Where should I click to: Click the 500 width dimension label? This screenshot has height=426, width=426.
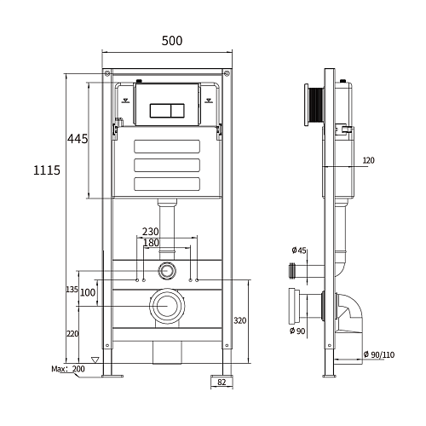[172, 41]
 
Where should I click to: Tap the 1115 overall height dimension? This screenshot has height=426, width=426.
[47, 170]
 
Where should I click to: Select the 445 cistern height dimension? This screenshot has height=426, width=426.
[78, 139]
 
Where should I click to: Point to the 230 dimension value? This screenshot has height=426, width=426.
[150, 232]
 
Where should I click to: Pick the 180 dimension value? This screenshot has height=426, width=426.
[151, 243]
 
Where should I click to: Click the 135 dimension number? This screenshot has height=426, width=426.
[72, 290]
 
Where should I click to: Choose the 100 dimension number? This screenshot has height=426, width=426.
[88, 292]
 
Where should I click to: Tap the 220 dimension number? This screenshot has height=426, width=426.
[72, 334]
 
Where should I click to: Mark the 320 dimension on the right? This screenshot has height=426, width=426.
[240, 320]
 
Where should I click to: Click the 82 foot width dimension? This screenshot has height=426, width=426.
[222, 383]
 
